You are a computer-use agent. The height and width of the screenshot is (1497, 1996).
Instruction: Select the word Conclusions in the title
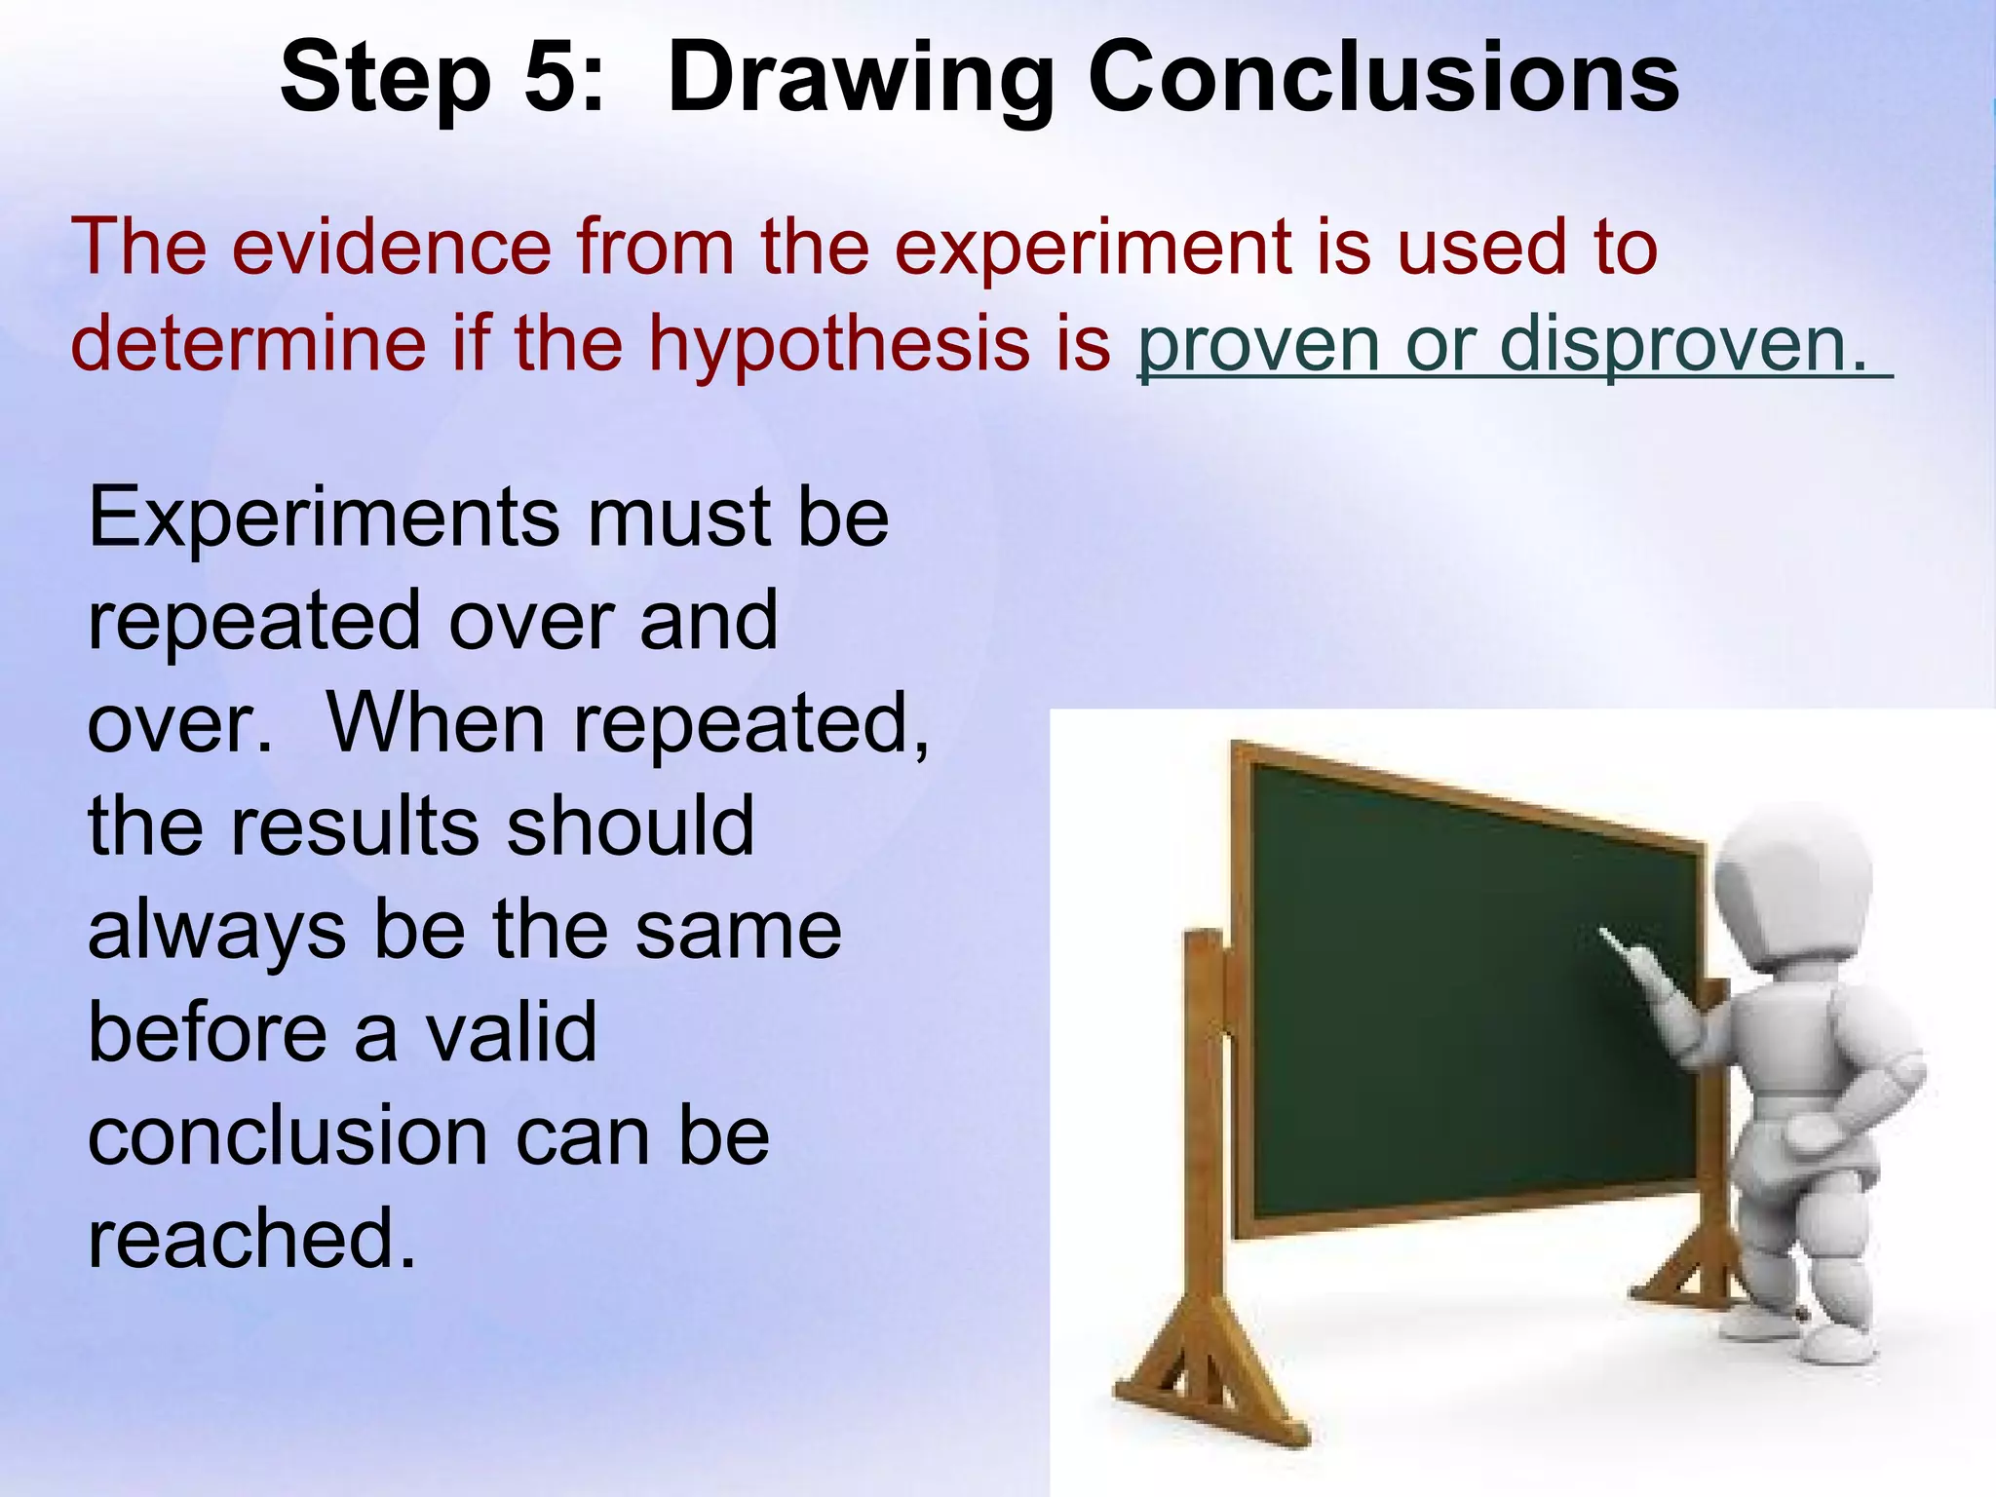[x=1383, y=78]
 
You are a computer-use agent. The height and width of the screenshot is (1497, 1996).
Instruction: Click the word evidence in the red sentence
[x=392, y=247]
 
